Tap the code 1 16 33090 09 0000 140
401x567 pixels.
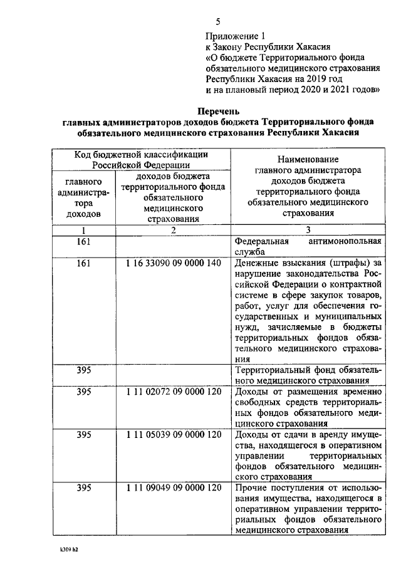(x=173, y=263)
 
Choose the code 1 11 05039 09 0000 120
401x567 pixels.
(x=173, y=434)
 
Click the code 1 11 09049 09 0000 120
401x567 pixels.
(x=173, y=487)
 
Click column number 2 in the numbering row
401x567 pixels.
(x=173, y=230)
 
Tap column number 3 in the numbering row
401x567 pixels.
(x=308, y=230)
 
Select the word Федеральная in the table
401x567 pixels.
(x=261, y=241)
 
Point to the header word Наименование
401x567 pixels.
(x=307, y=159)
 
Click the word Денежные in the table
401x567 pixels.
(x=257, y=263)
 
